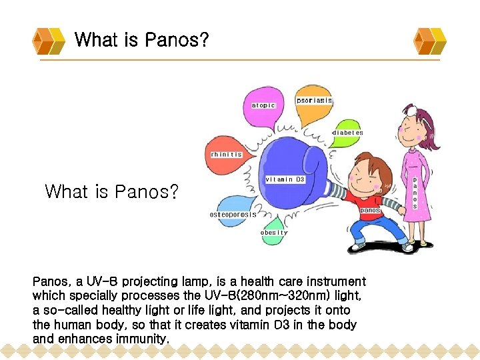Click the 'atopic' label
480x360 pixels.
tap(263, 105)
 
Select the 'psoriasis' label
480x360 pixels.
tap(314, 100)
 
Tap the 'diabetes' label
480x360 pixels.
tap(348, 133)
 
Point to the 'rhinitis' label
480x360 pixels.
tap(226, 154)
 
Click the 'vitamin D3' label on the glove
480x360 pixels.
tap(285, 179)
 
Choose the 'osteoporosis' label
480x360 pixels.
tap(233, 215)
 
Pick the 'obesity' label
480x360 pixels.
tap(274, 233)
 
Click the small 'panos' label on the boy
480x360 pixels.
tap(370, 210)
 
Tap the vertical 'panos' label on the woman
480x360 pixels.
tap(415, 193)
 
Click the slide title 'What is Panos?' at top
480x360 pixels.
tap(141, 40)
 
